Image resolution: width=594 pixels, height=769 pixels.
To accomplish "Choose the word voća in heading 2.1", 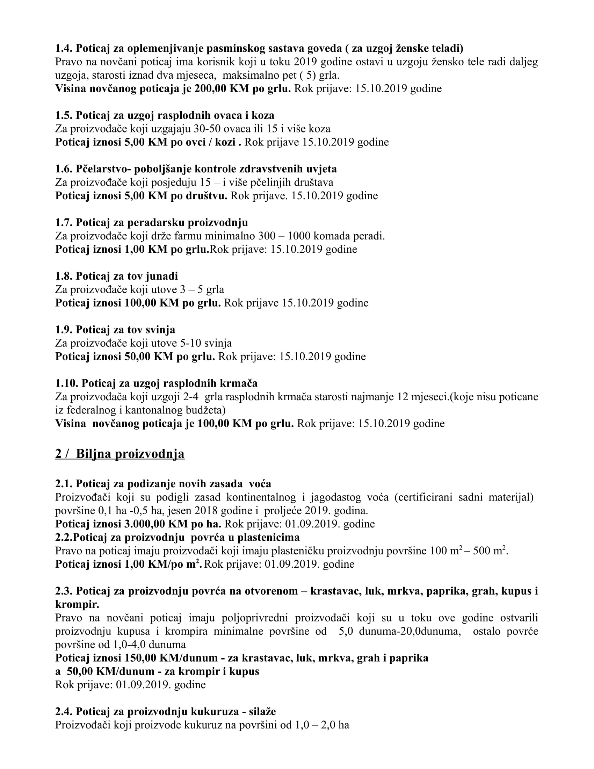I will [x=260, y=484].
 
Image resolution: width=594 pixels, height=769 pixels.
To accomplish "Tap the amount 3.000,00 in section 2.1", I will [x=144, y=524].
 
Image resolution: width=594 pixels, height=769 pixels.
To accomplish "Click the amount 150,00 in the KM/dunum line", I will [x=141, y=658].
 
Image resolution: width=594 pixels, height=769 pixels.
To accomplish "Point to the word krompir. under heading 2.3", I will [x=77, y=605].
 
